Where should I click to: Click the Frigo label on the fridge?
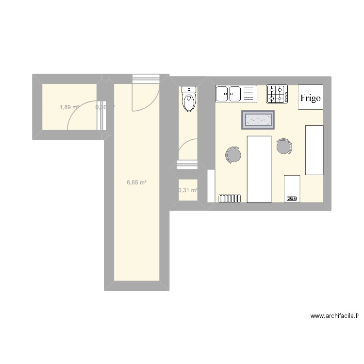[310, 98]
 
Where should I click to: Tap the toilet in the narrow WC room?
[188, 101]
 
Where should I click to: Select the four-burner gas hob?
[277, 94]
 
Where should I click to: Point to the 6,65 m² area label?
[136, 183]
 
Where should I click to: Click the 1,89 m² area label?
[69, 107]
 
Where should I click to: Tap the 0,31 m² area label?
[188, 191]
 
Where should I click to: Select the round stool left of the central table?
[233, 155]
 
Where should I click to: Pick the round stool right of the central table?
[284, 146]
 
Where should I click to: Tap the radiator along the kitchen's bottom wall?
[230, 198]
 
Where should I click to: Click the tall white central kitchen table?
[259, 169]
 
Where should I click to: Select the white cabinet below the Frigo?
[314, 149]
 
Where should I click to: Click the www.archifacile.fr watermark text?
[335, 316]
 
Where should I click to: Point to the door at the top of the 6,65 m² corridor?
[146, 95]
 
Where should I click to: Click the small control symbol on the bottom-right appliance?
[292, 198]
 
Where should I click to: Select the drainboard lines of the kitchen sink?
[249, 94]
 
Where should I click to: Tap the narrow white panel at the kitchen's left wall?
[211, 186]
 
